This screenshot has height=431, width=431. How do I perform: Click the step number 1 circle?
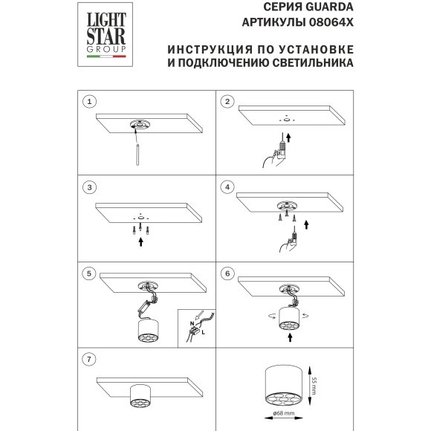(x=90, y=101)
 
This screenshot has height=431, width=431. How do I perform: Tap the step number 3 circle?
(x=90, y=187)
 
